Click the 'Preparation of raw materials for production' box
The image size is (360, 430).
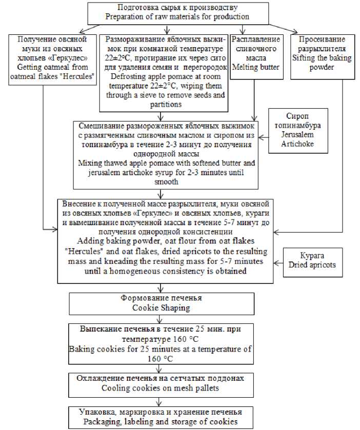pyautogui.click(x=177, y=12)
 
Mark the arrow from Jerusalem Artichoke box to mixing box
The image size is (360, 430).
pyautogui.click(x=266, y=137)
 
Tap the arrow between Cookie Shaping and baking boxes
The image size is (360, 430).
pyautogui.click(x=162, y=318)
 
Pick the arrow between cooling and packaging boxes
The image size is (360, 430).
pyautogui.click(x=162, y=400)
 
